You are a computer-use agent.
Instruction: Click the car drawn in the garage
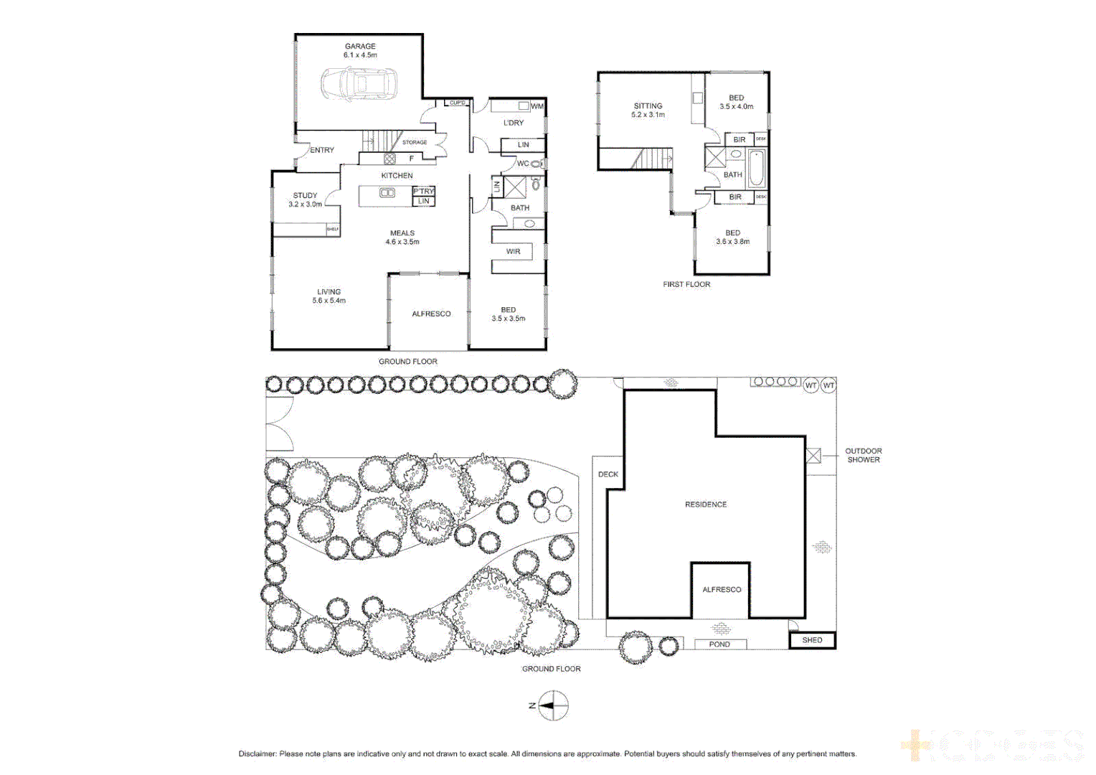(x=359, y=84)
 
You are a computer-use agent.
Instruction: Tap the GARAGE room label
(x=360, y=47)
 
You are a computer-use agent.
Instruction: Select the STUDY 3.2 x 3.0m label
(x=305, y=199)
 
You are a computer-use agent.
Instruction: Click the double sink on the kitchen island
(x=387, y=192)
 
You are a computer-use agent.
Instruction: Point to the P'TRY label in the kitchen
(x=423, y=191)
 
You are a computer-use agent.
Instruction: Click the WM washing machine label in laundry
(x=537, y=106)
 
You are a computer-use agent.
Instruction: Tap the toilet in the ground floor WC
(x=536, y=164)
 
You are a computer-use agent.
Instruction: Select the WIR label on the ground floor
(x=513, y=252)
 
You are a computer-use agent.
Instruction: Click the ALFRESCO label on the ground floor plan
(x=431, y=314)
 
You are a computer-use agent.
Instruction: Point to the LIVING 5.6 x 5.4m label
(x=329, y=296)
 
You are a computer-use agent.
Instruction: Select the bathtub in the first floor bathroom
(x=756, y=169)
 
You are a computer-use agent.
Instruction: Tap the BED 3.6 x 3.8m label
(x=732, y=238)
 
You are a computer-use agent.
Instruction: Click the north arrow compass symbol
(x=552, y=706)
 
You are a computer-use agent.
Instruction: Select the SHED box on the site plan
(x=812, y=640)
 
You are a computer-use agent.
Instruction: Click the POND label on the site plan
(x=719, y=644)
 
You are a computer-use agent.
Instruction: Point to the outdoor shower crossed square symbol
(x=813, y=456)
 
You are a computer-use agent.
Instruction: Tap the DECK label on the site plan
(x=608, y=474)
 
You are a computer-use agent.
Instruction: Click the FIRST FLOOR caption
(x=686, y=285)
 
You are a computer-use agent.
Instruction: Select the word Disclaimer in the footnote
(x=257, y=753)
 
